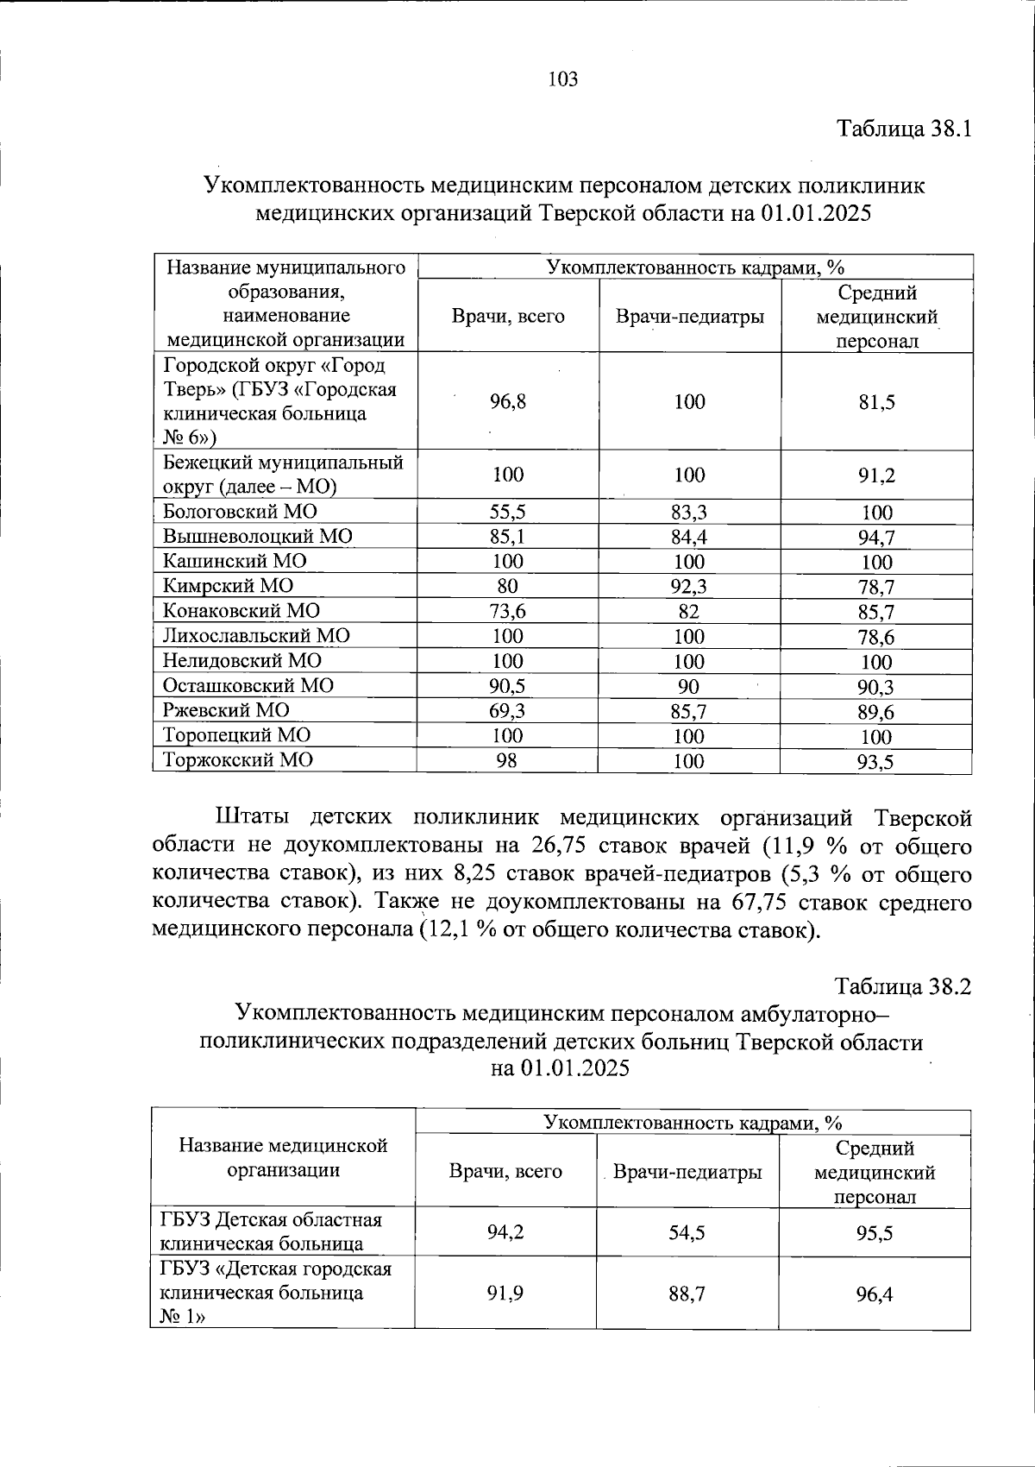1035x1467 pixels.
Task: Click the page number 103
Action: pyautogui.click(x=562, y=80)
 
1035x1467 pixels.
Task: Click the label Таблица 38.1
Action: pyautogui.click(x=904, y=129)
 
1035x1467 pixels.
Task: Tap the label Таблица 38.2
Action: pyautogui.click(x=902, y=986)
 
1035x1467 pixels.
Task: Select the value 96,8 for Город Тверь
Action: pyautogui.click(x=507, y=401)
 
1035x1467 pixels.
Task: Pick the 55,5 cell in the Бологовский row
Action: pyautogui.click(x=507, y=512)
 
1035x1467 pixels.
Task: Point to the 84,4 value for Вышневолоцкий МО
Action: pyautogui.click(x=689, y=537)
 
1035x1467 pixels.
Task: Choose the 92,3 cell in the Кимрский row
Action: pyautogui.click(x=689, y=587)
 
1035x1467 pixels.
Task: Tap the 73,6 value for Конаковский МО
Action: pyautogui.click(x=507, y=612)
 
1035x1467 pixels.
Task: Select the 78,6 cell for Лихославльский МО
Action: pyautogui.click(x=876, y=637)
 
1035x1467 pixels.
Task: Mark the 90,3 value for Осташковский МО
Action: pyautogui.click(x=876, y=687)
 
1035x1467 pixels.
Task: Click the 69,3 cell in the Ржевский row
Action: pyautogui.click(x=507, y=711)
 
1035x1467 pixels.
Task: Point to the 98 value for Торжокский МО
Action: pyautogui.click(x=507, y=761)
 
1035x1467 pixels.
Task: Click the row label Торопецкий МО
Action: pyautogui.click(x=237, y=735)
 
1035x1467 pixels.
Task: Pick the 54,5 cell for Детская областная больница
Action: pyautogui.click(x=687, y=1232)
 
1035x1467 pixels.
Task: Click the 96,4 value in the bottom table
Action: pyautogui.click(x=874, y=1294)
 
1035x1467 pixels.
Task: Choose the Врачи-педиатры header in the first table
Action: pyautogui.click(x=689, y=317)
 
